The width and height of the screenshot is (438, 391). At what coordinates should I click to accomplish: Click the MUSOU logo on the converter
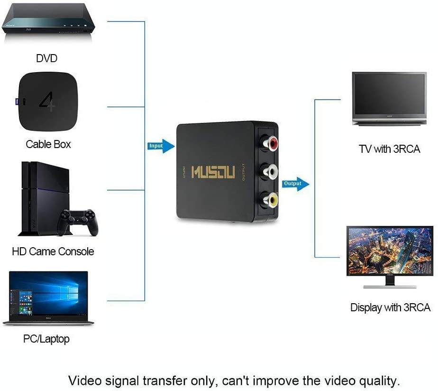coord(213,172)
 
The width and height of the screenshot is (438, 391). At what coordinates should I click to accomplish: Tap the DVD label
coord(46,58)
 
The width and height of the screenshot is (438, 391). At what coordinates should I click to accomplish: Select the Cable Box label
coord(48,144)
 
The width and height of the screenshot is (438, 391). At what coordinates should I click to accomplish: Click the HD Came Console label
coord(53,251)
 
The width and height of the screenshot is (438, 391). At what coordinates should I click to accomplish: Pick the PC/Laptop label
coord(46,339)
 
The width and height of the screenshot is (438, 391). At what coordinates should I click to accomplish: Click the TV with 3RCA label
coord(389,149)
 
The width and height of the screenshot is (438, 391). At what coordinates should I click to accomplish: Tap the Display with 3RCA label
coord(390,307)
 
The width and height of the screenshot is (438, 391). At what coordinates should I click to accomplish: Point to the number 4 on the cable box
coord(46,102)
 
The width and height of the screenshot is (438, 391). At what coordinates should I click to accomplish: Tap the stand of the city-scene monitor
coord(390,282)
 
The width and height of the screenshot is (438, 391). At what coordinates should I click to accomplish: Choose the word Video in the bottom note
coord(85,381)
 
